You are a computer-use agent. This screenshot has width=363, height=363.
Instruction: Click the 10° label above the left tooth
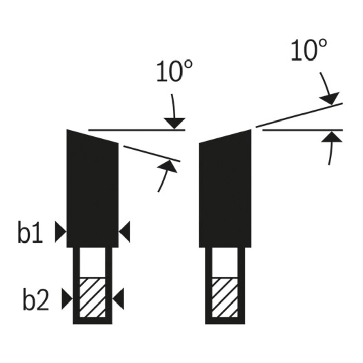(171, 72)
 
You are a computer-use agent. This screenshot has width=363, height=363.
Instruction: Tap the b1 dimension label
(30, 233)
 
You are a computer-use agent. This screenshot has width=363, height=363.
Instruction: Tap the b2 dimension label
(35, 300)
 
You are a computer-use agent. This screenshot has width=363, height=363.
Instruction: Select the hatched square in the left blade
(92, 297)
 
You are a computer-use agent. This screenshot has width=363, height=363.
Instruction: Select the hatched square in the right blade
(225, 297)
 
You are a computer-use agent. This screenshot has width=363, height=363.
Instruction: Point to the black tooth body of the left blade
(92, 192)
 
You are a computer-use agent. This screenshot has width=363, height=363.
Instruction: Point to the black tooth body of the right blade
(225, 192)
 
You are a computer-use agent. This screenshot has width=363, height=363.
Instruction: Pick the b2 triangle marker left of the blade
(67, 299)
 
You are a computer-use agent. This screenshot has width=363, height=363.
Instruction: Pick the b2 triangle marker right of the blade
(118, 299)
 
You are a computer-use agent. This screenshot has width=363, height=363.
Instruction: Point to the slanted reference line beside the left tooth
(151, 153)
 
